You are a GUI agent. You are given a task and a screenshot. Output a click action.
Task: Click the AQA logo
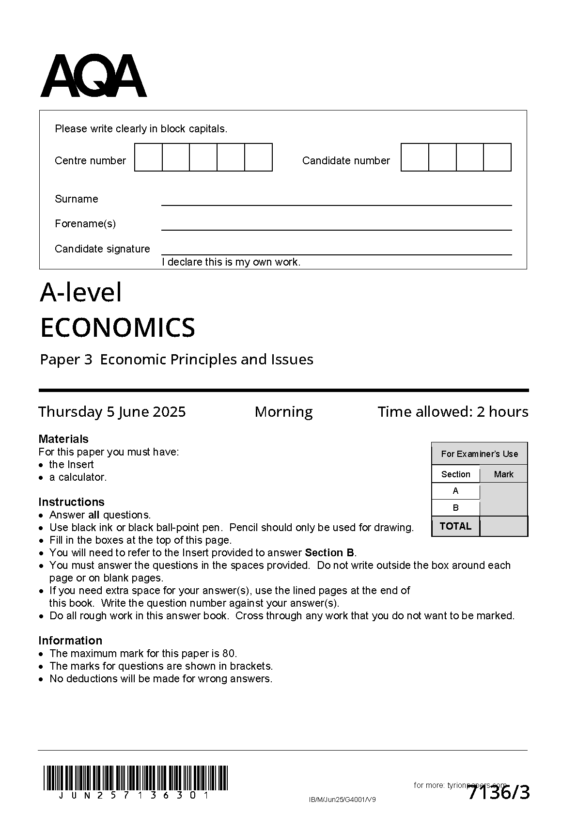pyautogui.click(x=93, y=76)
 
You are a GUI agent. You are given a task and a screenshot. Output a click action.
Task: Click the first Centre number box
pyautogui.click(x=148, y=157)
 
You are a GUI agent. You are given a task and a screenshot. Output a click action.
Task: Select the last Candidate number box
pyautogui.click(x=498, y=157)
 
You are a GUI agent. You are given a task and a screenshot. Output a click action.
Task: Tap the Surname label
pyautogui.click(x=76, y=199)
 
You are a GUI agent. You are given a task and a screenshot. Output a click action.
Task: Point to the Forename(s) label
pyautogui.click(x=85, y=223)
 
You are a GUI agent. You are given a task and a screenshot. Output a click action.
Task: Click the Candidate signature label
pyautogui.click(x=102, y=249)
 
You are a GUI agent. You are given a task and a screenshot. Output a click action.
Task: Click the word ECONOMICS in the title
pyautogui.click(x=117, y=328)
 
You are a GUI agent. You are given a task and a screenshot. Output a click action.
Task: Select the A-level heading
pyautogui.click(x=81, y=292)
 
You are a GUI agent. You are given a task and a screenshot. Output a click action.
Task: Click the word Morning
pyautogui.click(x=283, y=412)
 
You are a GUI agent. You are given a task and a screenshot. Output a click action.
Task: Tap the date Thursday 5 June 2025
pyautogui.click(x=112, y=412)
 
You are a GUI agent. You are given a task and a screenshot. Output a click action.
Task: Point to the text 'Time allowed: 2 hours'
pyautogui.click(x=452, y=412)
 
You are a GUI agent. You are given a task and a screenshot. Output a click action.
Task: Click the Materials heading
pyautogui.click(x=63, y=439)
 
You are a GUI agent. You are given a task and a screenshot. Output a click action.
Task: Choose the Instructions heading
pyautogui.click(x=71, y=502)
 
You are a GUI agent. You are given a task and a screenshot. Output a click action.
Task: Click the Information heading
pyautogui.click(x=70, y=641)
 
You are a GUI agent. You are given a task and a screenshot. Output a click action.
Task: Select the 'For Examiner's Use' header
pyautogui.click(x=479, y=454)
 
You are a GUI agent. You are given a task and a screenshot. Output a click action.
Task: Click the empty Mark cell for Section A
pyautogui.click(x=503, y=491)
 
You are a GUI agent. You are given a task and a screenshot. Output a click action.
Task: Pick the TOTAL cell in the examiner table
pyautogui.click(x=455, y=526)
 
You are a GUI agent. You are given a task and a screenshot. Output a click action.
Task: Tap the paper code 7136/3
pyautogui.click(x=499, y=793)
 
